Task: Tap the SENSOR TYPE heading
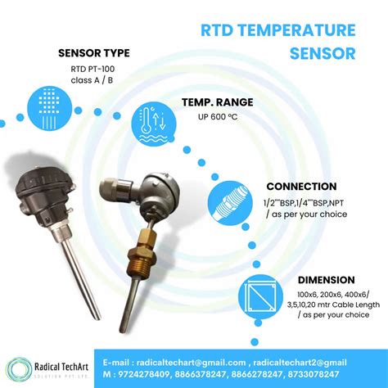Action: (x=94, y=54)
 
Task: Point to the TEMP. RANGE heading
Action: (x=219, y=104)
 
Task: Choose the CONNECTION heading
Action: (x=301, y=187)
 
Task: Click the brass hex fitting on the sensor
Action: (x=135, y=245)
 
